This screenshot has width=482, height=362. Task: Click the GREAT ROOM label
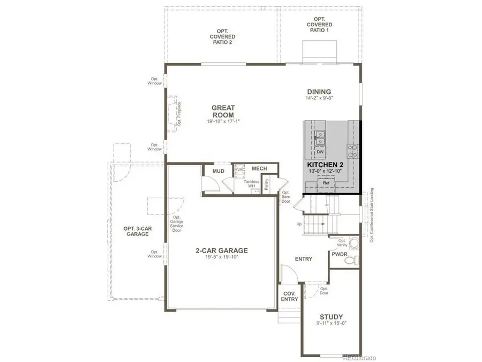point(223,112)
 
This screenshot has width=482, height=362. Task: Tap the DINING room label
point(319,92)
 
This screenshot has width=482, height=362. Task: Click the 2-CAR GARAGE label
point(221,250)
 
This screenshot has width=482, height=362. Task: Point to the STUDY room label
point(331,317)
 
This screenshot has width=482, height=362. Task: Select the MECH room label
point(260,168)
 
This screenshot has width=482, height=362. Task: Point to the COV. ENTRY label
point(289,296)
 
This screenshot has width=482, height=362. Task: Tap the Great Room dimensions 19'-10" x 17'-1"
point(223,121)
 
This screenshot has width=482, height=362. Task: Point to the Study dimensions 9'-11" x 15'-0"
point(331,324)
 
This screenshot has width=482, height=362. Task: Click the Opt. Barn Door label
point(285,197)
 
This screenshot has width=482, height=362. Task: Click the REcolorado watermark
point(359,356)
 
